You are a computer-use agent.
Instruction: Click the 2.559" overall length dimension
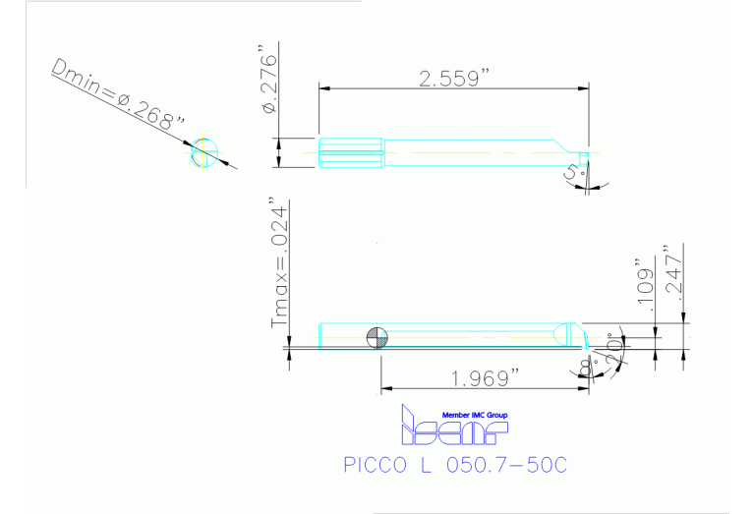point(454,78)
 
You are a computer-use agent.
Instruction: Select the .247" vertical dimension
point(673,270)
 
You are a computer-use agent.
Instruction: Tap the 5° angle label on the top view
point(573,175)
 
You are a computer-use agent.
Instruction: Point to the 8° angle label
point(587,368)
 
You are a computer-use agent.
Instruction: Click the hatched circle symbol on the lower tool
point(377,337)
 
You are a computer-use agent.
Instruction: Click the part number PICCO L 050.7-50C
point(455,465)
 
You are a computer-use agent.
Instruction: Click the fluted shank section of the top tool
point(351,152)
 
